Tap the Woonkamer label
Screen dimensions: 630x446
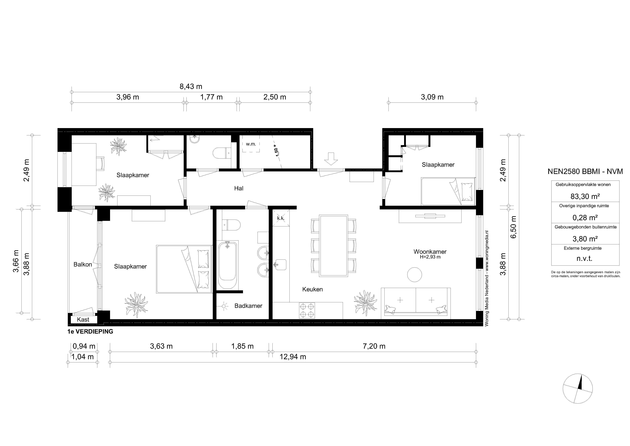(430, 252)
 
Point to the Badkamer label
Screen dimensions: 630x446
(248, 306)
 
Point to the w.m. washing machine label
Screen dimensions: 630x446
(251, 144)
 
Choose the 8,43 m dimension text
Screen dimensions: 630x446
(191, 87)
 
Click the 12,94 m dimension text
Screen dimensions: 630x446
(293, 357)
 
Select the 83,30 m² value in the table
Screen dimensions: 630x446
(585, 196)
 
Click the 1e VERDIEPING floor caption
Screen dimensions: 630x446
(90, 332)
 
